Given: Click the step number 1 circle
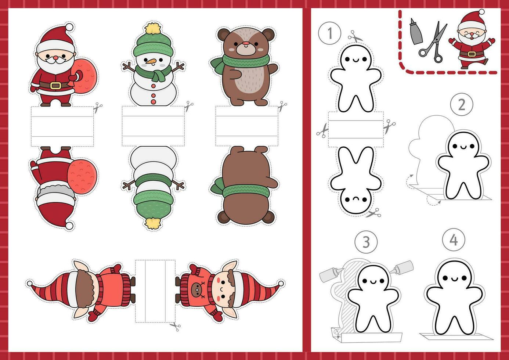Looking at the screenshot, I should pos(329,33).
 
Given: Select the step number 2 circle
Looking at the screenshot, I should pos(462,105).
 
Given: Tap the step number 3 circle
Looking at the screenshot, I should pos(366,242).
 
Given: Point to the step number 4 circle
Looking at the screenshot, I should pos(454,240).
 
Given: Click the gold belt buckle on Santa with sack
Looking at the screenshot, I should pos(55,86).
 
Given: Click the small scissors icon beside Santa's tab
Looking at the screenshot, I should pos(98,107).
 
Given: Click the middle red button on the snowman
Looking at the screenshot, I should pos(153,96).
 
